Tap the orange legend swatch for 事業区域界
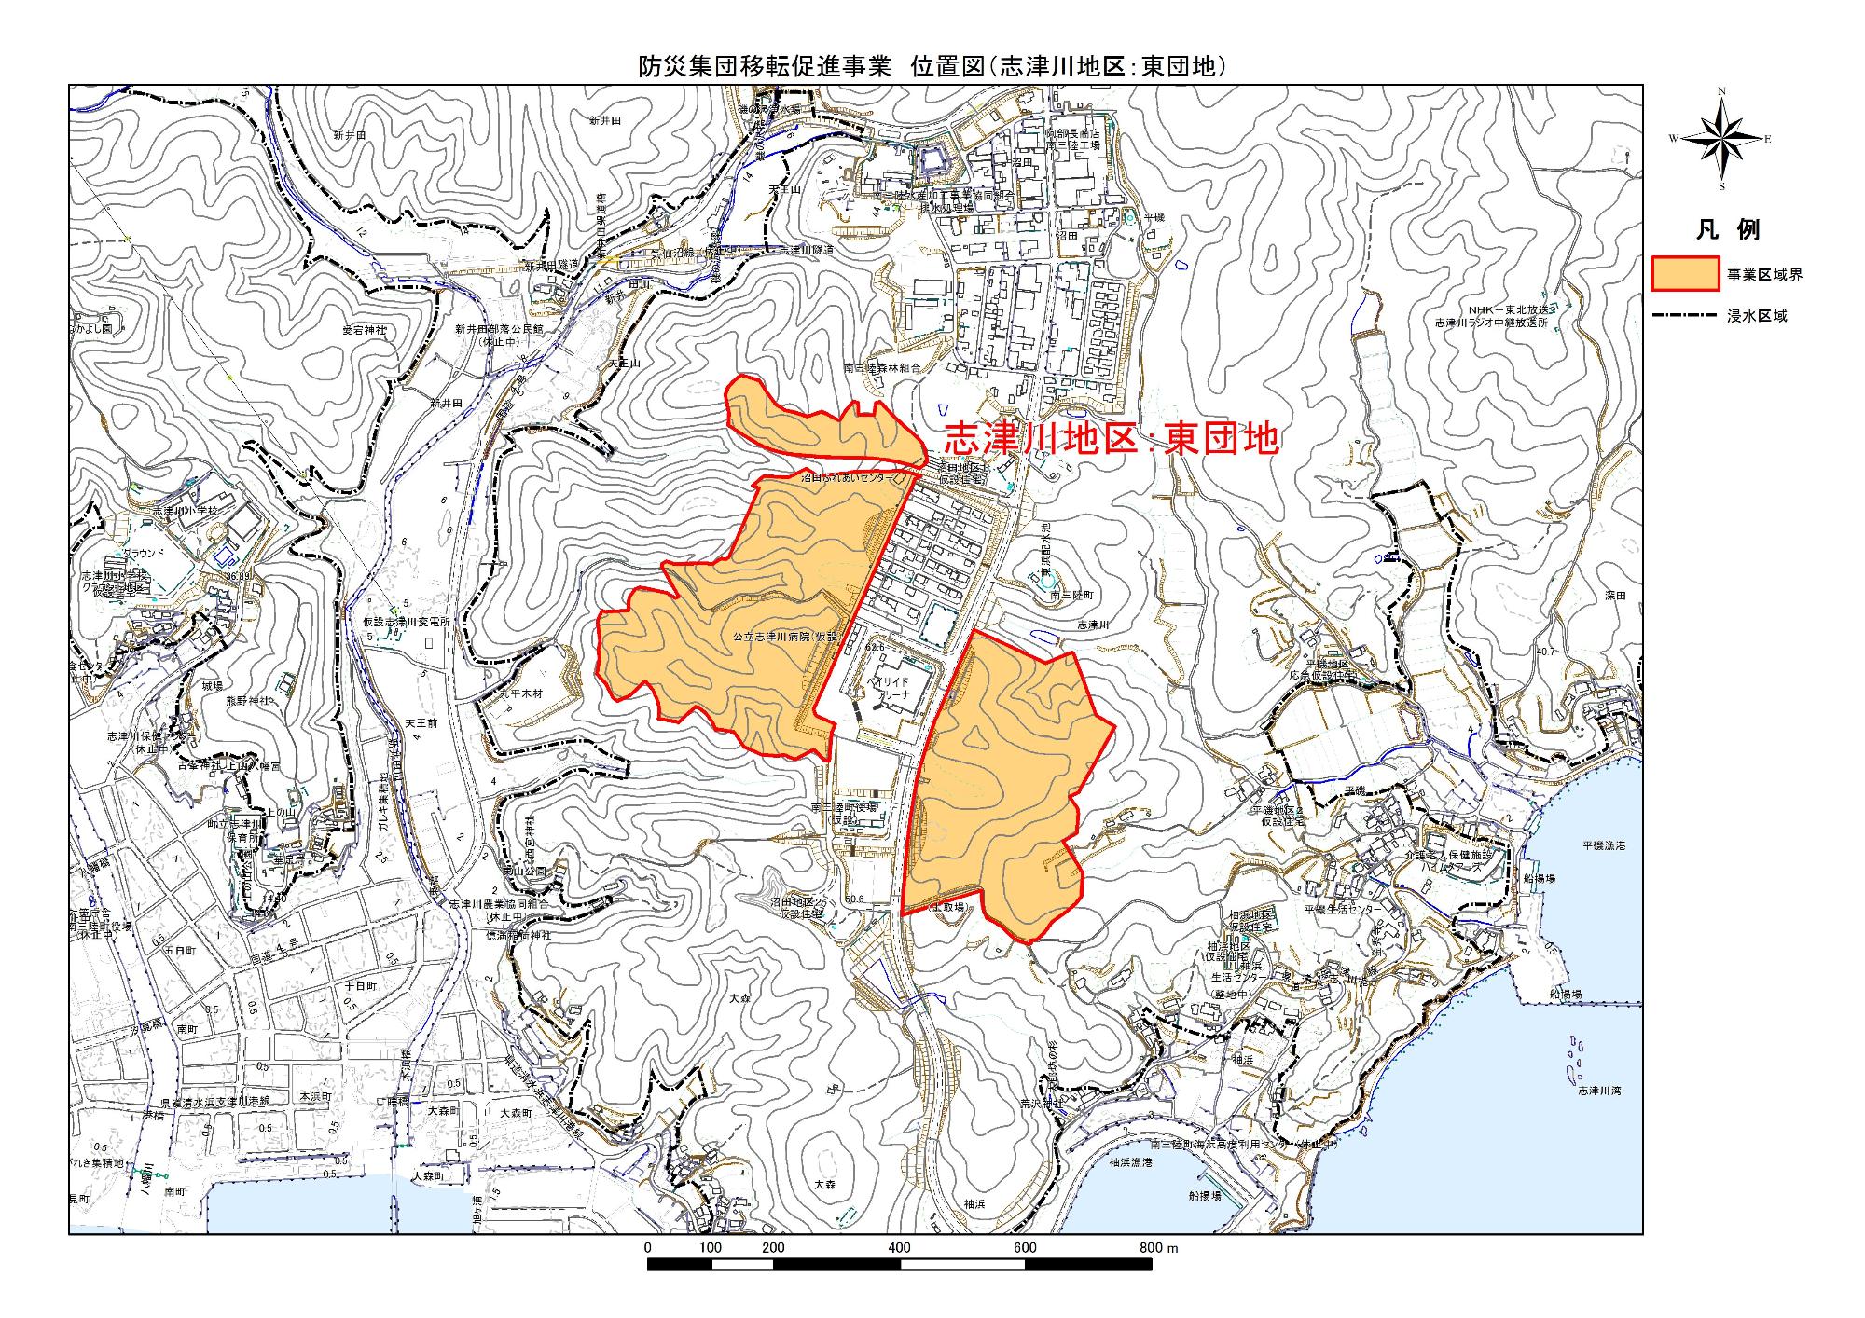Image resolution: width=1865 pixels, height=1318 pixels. click(x=1684, y=274)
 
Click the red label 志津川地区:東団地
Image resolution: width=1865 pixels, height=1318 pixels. click(x=1111, y=438)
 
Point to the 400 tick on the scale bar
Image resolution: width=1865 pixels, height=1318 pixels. click(x=900, y=1248)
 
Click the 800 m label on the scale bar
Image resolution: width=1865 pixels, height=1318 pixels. click(x=1159, y=1248)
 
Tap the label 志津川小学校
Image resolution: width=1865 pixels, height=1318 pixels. click(x=186, y=512)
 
